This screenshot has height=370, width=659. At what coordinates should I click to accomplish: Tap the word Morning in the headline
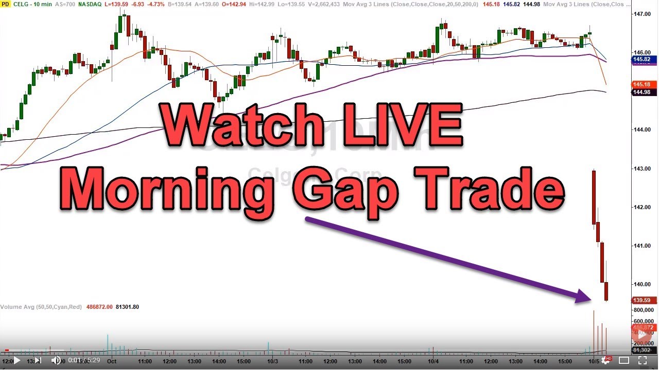click(x=170, y=189)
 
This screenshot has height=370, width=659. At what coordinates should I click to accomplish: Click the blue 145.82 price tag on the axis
click(x=641, y=60)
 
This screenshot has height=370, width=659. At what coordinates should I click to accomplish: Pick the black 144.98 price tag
click(x=641, y=92)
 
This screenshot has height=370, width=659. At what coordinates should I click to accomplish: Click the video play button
click(x=16, y=360)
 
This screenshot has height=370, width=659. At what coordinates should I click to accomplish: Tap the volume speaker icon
click(x=56, y=360)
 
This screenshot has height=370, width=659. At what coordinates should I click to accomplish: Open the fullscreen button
click(x=643, y=360)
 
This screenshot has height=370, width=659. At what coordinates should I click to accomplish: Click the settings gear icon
click(x=606, y=360)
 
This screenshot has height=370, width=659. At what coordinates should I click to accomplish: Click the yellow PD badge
click(x=5, y=4)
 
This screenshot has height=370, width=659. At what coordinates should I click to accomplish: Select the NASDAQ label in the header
click(x=92, y=4)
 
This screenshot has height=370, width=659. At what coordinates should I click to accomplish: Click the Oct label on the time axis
click(x=112, y=361)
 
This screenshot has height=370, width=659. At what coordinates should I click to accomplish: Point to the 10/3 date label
click(x=272, y=361)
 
